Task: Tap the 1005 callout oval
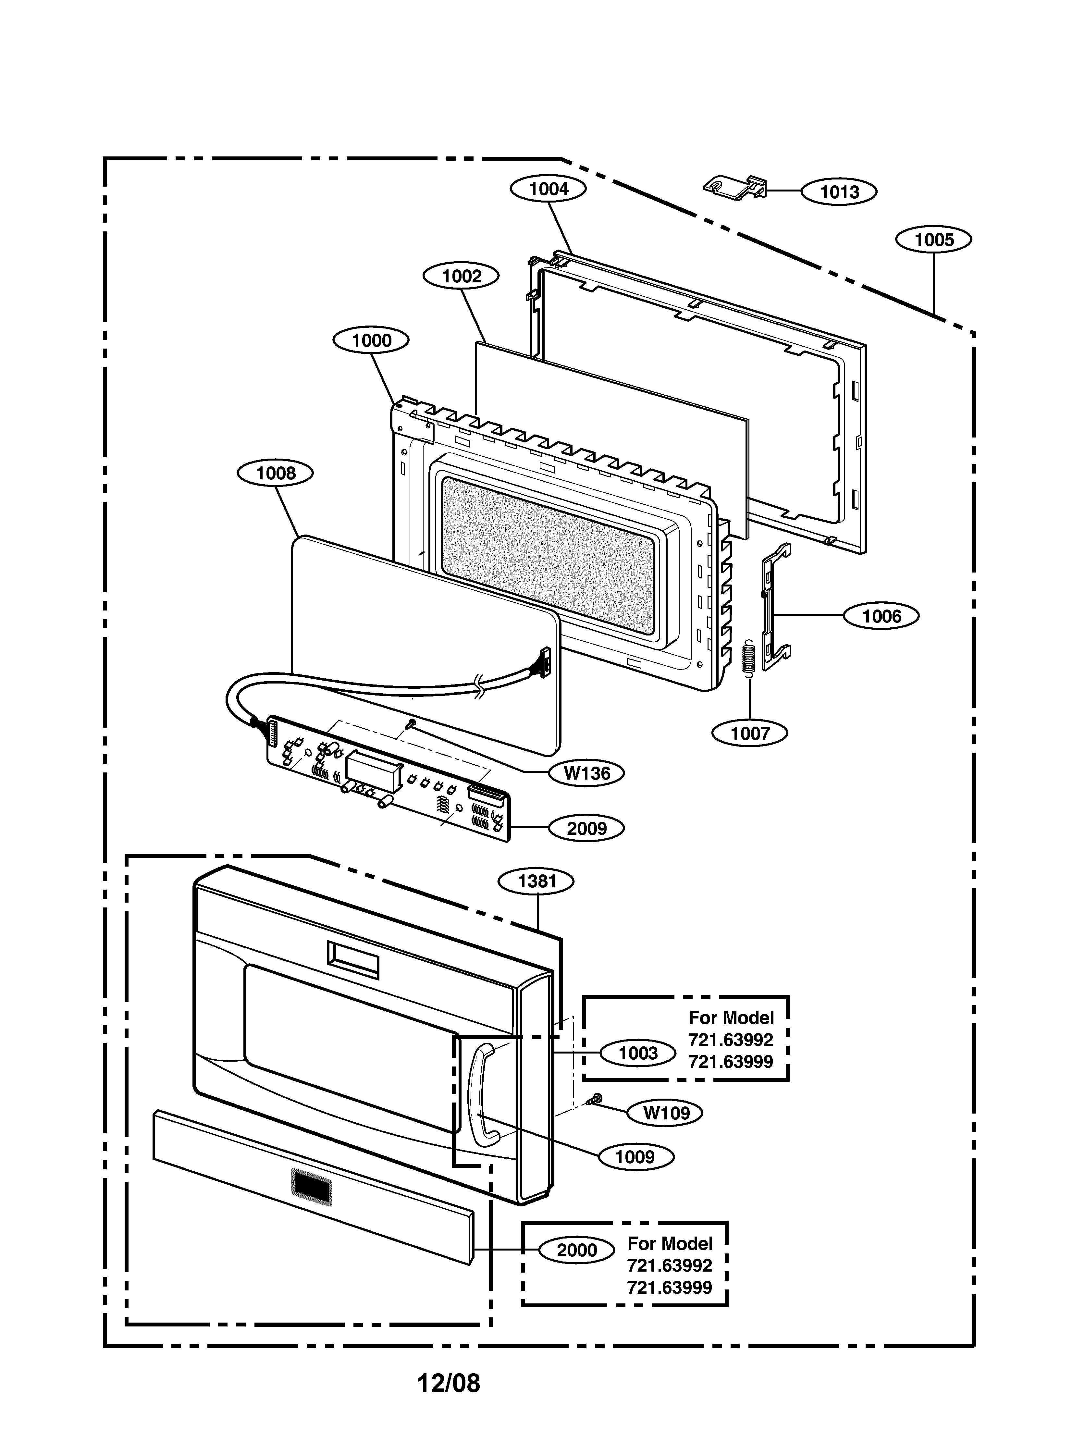click(x=933, y=240)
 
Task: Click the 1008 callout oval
click(x=275, y=473)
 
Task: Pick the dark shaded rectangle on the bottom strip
click(x=312, y=1187)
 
